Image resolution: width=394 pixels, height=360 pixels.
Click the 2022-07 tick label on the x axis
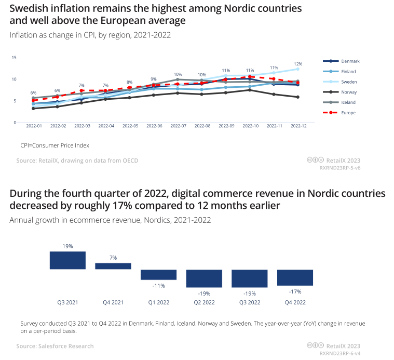[x=178, y=126]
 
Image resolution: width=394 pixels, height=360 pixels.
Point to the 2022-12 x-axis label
[x=298, y=126]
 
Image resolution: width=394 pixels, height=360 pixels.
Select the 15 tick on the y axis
[x=14, y=58]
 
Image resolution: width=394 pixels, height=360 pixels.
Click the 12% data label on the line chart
[x=298, y=63]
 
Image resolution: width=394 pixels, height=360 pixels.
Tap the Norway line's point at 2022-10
[x=250, y=90]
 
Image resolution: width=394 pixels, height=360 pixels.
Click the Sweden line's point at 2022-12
[x=298, y=69]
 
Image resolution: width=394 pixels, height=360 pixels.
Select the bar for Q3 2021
[x=67, y=260]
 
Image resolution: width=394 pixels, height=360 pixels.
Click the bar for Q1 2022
[x=159, y=275]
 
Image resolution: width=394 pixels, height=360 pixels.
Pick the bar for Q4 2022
[x=295, y=277]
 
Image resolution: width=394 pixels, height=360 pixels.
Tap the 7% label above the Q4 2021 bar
[x=113, y=258]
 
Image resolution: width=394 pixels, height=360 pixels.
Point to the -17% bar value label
[x=295, y=291]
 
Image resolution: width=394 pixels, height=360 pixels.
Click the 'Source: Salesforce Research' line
[x=55, y=346]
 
